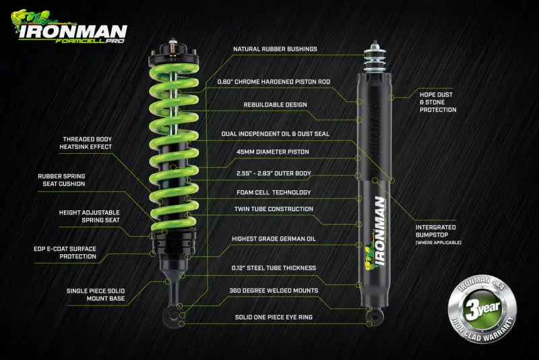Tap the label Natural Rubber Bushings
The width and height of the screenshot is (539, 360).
tap(275, 49)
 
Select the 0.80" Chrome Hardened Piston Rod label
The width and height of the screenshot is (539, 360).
tap(274, 82)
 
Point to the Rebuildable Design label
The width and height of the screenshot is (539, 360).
tap(275, 104)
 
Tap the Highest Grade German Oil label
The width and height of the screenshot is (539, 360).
tap(275, 239)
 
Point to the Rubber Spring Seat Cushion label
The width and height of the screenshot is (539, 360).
tap(61, 180)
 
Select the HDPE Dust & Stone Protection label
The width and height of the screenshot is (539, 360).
tap(438, 102)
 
